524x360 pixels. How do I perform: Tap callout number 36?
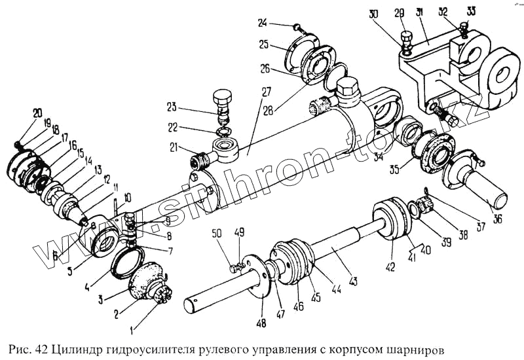point(498,219)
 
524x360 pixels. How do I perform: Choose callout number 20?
point(37,112)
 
